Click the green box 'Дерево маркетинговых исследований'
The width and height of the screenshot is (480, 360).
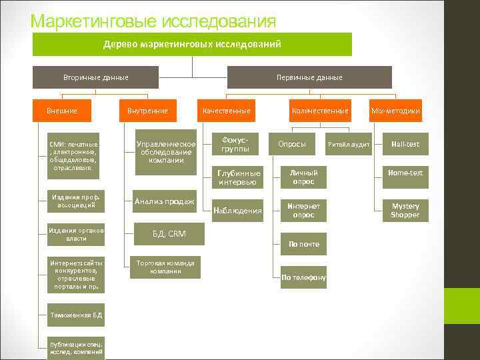click(192, 44)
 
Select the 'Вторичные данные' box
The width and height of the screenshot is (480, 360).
click(96, 77)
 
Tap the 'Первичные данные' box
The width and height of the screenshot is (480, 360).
click(309, 77)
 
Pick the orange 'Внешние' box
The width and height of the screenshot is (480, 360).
click(62, 111)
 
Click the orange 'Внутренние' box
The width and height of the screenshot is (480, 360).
click(147, 111)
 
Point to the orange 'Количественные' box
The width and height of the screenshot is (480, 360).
click(320, 111)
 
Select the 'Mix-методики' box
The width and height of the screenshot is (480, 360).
click(395, 111)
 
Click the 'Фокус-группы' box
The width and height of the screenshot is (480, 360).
click(235, 144)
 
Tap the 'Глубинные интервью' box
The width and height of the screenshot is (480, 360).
click(237, 177)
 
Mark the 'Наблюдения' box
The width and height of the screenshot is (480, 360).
click(237, 211)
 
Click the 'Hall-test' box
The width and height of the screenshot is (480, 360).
click(405, 144)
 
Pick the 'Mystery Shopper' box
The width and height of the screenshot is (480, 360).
click(405, 211)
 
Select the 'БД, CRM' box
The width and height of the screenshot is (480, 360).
click(169, 234)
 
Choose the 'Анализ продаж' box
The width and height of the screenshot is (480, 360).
click(164, 202)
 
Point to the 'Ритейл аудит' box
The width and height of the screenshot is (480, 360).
click(349, 145)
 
